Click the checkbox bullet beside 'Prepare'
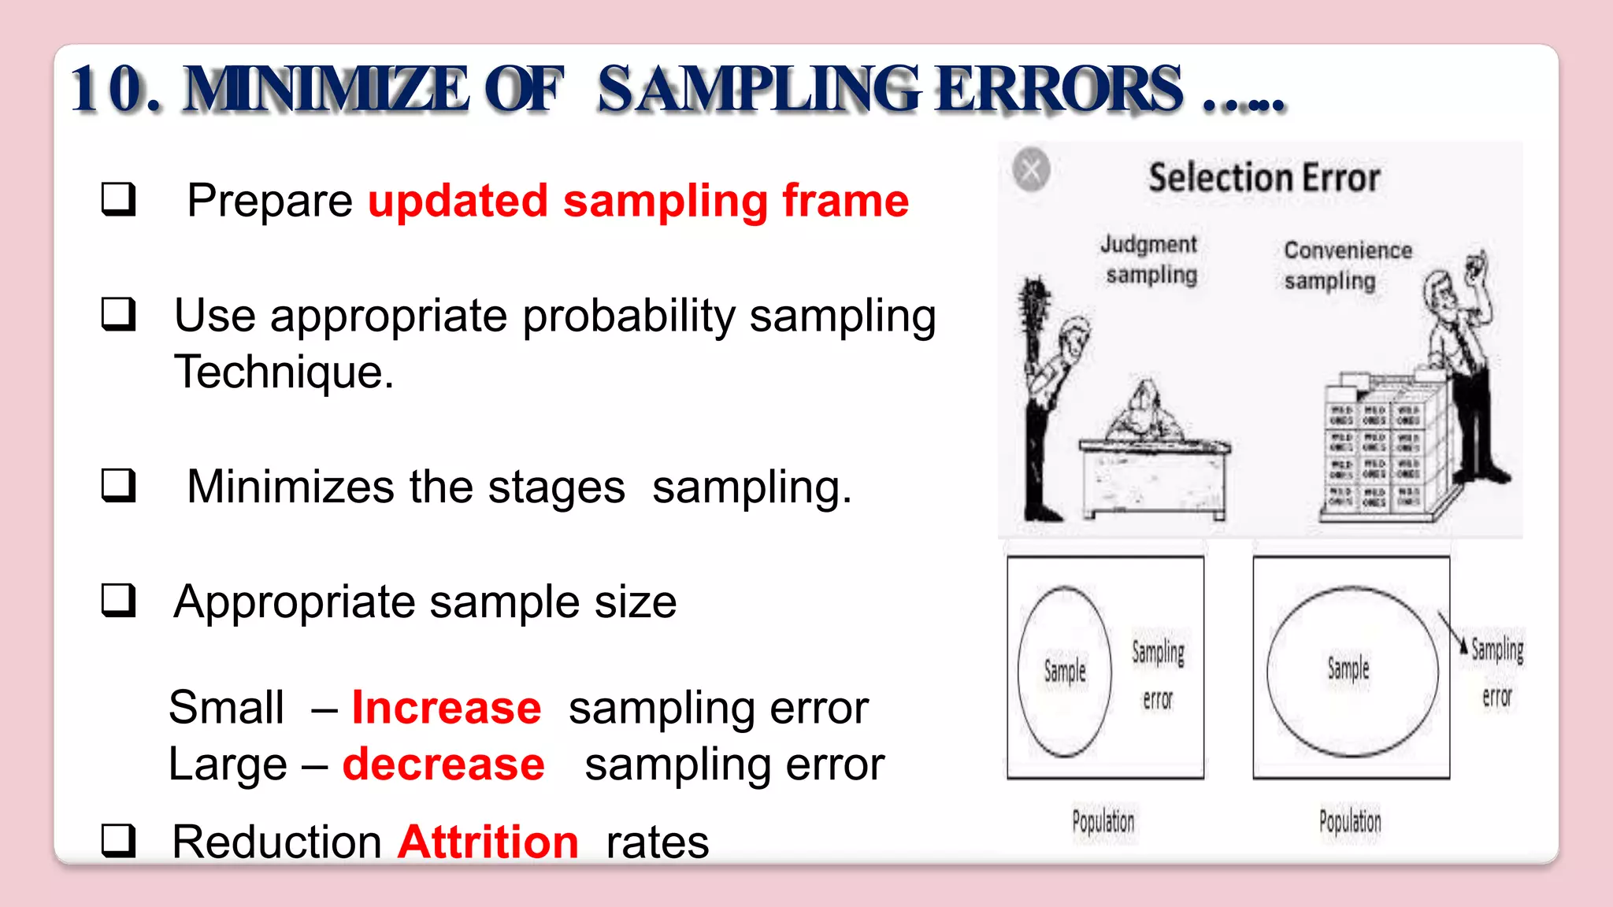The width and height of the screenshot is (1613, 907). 118,199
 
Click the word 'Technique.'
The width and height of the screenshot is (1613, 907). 284,372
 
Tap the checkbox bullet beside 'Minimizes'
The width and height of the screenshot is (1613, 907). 118,486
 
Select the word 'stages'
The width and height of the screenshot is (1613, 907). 556,487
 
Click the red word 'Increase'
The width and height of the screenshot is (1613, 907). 446,707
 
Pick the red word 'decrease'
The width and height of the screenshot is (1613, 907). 443,764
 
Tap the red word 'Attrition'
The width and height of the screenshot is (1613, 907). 488,842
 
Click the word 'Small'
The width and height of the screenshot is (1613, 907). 227,707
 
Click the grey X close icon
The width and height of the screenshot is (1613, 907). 1031,169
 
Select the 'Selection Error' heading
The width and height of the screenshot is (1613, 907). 1263,177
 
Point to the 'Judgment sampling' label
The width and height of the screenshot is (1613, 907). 1150,259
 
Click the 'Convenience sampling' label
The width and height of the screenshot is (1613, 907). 1347,265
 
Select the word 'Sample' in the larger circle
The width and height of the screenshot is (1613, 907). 1348,669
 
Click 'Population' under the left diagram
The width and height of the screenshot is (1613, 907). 1103,822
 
